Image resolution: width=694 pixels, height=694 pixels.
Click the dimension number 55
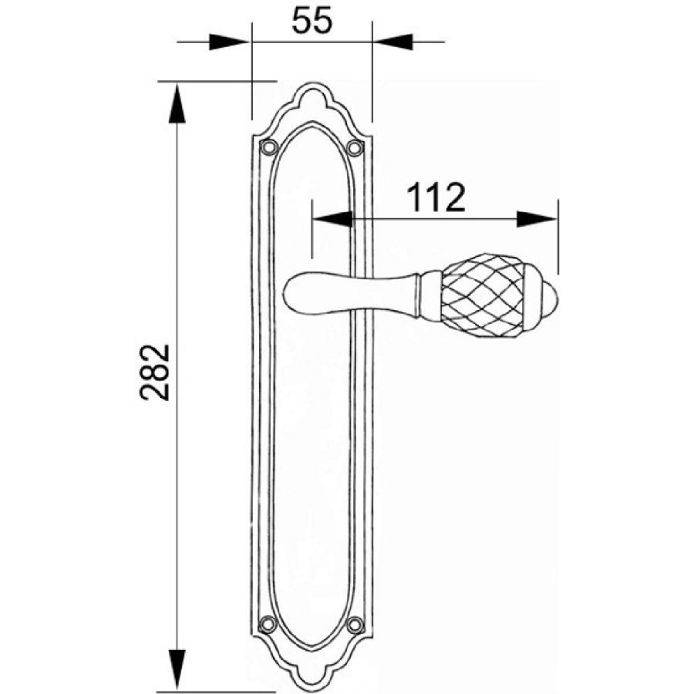312,22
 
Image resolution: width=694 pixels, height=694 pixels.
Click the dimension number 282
155,372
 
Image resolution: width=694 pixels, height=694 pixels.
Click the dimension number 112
436,197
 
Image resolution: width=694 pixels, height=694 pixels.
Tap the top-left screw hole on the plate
268,147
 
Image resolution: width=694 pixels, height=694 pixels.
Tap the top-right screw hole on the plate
355,147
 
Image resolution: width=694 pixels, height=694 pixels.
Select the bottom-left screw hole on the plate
268,625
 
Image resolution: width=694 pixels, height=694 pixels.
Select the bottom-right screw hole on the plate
355,625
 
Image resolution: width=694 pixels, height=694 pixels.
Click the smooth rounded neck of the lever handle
349,294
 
